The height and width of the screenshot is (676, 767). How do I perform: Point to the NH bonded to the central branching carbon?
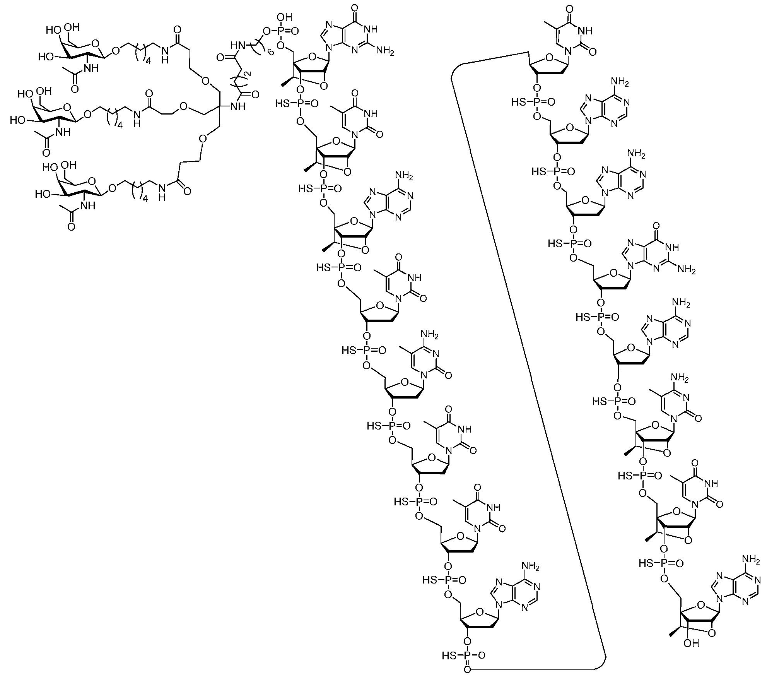tap(237, 106)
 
